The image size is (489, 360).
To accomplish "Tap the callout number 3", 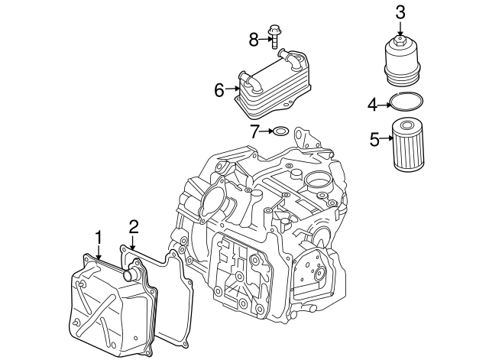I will point(400,12).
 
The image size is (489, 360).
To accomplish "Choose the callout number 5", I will point(374,138).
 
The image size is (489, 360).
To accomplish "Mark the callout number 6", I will point(219,90).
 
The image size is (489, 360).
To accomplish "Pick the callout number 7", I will point(254,131).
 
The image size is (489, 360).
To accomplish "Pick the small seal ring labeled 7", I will point(280,132).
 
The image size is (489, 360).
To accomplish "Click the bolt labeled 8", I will point(274,39).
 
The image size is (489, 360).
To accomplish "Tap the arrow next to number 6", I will point(232,90).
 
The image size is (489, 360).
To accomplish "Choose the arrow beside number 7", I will point(267,131).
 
